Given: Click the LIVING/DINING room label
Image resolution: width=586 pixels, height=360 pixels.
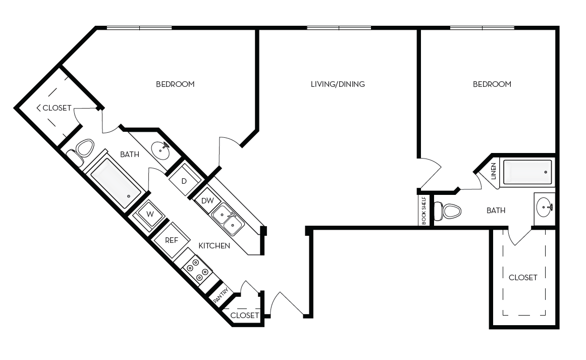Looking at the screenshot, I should tap(338, 84).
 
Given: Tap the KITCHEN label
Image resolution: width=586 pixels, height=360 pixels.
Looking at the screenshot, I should tap(214, 246).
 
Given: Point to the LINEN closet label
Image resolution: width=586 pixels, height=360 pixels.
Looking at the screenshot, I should tap(494, 172).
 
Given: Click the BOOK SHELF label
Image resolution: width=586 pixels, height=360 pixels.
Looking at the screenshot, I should tap(424, 210).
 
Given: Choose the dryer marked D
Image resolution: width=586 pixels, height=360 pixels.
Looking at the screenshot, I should tap(184, 181).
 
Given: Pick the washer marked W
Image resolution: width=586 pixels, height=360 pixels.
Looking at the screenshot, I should tap(150, 214).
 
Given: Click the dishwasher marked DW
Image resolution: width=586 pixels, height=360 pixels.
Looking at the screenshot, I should tap(207, 200).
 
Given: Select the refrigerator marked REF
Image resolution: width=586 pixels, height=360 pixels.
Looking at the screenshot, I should tap(172, 240).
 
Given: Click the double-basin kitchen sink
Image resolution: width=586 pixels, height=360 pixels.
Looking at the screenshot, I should tap(227, 219).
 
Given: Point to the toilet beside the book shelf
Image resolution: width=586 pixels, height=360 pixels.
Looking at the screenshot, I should tap(448, 211).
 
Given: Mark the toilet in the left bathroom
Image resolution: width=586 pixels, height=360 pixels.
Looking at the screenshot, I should tap(82, 149).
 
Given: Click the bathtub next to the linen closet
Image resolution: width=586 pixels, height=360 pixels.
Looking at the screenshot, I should tap(527, 172).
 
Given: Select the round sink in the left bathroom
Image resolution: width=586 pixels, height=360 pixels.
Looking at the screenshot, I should tap(162, 149).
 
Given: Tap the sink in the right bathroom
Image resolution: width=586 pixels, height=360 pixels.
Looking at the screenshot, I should tap(544, 207).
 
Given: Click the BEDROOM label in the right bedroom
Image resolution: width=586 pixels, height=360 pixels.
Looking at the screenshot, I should tap(492, 84).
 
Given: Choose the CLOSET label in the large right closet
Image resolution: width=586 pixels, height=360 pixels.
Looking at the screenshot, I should tap(523, 278).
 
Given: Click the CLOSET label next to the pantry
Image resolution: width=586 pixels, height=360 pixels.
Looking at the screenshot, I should tap(244, 316).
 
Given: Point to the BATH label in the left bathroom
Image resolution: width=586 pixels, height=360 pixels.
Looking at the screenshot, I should tap(130, 155).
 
